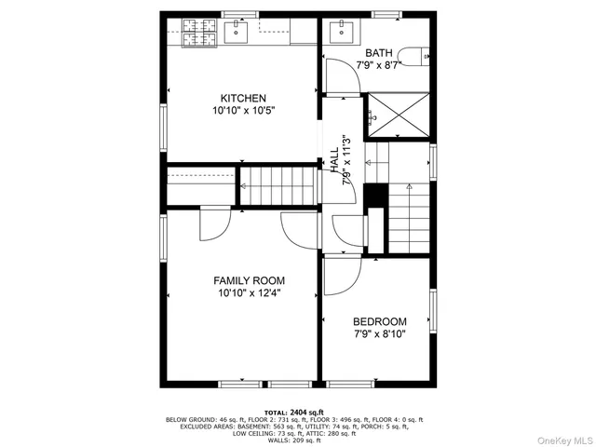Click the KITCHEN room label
243,98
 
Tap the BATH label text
379,53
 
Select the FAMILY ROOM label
249,280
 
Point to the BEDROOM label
379,321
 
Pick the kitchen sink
237,34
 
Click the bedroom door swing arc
344,273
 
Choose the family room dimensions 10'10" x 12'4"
249,293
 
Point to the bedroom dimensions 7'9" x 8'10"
379,334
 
